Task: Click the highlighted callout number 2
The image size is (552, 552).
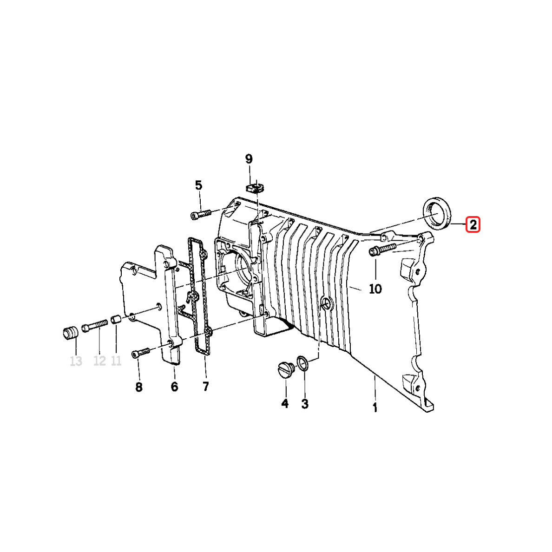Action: click(x=473, y=225)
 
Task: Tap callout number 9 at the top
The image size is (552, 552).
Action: click(x=249, y=159)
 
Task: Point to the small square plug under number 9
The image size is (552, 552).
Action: click(x=254, y=188)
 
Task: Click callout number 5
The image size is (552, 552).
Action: click(x=199, y=185)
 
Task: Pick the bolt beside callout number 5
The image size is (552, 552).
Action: click(x=201, y=215)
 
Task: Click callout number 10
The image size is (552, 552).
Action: click(x=375, y=289)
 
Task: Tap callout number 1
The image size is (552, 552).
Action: click(x=375, y=408)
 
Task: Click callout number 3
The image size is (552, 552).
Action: click(x=305, y=404)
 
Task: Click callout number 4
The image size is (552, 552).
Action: click(x=285, y=403)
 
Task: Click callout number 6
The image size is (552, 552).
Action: click(x=174, y=386)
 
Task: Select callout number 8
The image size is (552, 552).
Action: click(x=139, y=387)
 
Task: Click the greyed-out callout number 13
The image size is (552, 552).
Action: click(x=76, y=361)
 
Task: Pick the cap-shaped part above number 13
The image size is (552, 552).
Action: click(x=70, y=333)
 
